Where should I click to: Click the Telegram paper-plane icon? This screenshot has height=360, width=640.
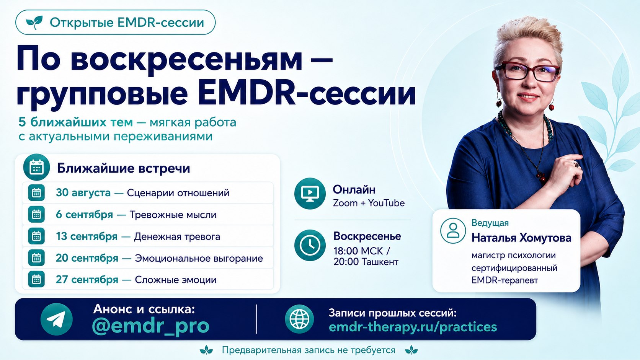[x=57, y=319]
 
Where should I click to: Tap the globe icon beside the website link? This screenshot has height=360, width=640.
[x=299, y=319]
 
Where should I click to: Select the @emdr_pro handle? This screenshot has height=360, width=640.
[x=151, y=326]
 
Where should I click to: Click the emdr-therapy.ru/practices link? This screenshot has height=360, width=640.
[x=413, y=327]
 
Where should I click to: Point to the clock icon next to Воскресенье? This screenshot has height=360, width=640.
[x=310, y=245]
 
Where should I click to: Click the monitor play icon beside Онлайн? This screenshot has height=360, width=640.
[x=310, y=194]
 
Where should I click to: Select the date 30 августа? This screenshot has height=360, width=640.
[x=83, y=193]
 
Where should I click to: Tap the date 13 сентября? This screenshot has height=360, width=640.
[x=87, y=236]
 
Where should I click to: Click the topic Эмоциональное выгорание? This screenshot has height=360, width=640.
[x=199, y=258]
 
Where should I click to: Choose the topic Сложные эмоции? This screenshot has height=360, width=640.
[x=175, y=280]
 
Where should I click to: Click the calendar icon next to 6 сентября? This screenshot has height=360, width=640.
[x=36, y=214]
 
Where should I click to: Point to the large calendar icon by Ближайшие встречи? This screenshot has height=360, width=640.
[x=37, y=167]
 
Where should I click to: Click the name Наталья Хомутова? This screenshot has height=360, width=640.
[x=521, y=238]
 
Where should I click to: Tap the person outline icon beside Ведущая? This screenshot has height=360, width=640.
[x=453, y=231]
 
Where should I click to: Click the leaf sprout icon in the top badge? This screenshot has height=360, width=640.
[x=34, y=22]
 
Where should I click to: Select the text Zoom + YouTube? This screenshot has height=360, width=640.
[x=369, y=203]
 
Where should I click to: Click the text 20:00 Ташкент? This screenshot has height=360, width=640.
[x=366, y=262]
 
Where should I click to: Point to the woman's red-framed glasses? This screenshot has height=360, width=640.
[x=527, y=72]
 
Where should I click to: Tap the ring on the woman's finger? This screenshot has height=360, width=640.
[x=576, y=165]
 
